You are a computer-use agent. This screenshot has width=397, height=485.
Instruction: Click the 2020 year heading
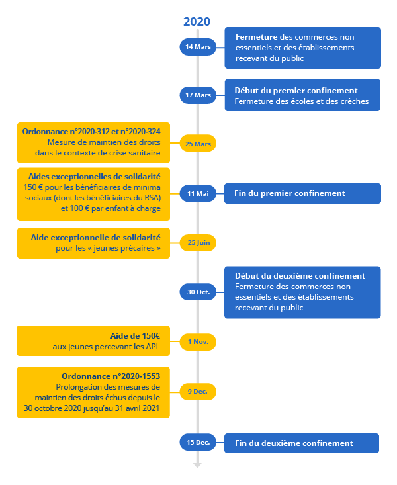click(197, 22)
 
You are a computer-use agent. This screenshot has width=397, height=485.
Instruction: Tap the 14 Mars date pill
click(198, 47)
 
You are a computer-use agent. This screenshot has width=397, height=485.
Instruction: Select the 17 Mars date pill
click(198, 95)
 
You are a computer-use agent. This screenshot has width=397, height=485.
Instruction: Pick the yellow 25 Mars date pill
click(198, 143)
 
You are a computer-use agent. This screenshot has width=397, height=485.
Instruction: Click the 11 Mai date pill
click(198, 193)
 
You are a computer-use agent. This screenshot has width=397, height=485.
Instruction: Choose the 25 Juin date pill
click(198, 242)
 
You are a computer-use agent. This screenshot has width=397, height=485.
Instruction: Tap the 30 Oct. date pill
click(198, 292)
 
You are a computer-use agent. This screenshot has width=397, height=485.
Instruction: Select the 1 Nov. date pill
click(198, 342)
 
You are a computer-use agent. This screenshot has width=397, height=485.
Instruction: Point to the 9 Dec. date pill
click(198, 392)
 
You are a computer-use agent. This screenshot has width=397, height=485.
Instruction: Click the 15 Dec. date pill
click(198, 442)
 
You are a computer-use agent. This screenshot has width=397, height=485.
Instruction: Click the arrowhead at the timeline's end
click(197, 466)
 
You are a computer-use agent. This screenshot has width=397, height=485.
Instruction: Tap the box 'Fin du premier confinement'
click(302, 193)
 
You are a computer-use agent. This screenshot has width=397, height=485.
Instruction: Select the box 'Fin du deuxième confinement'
click(302, 443)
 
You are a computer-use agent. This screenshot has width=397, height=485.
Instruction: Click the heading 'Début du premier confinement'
click(296, 91)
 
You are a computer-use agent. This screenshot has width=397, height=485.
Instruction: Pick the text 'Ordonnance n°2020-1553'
click(110, 376)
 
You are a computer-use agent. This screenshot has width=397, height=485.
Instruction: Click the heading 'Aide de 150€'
click(135, 336)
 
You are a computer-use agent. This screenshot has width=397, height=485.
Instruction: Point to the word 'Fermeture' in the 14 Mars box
click(257, 37)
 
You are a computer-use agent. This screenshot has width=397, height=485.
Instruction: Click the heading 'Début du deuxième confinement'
click(300, 276)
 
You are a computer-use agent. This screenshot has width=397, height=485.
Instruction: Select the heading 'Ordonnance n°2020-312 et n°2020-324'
click(91, 132)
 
